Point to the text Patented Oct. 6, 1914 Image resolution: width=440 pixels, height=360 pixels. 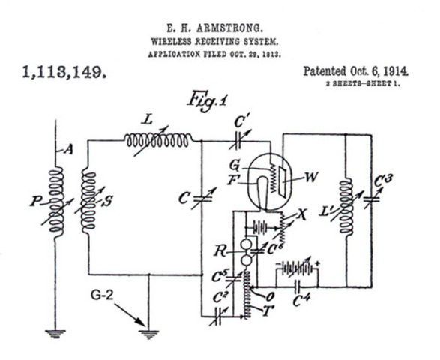point(355,71)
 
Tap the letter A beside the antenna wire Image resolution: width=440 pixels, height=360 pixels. point(70,150)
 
